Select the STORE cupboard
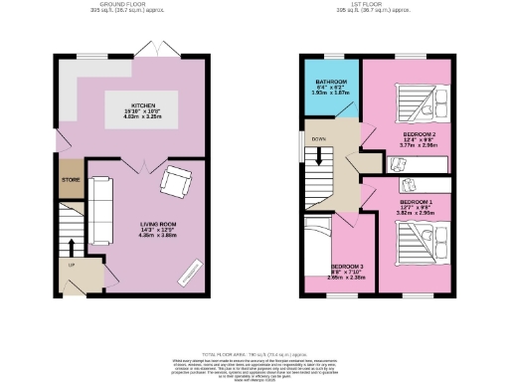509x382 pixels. coord(70,179)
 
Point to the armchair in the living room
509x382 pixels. coord(178,182)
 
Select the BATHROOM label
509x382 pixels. coord(331,84)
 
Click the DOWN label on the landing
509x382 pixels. coord(318,139)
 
